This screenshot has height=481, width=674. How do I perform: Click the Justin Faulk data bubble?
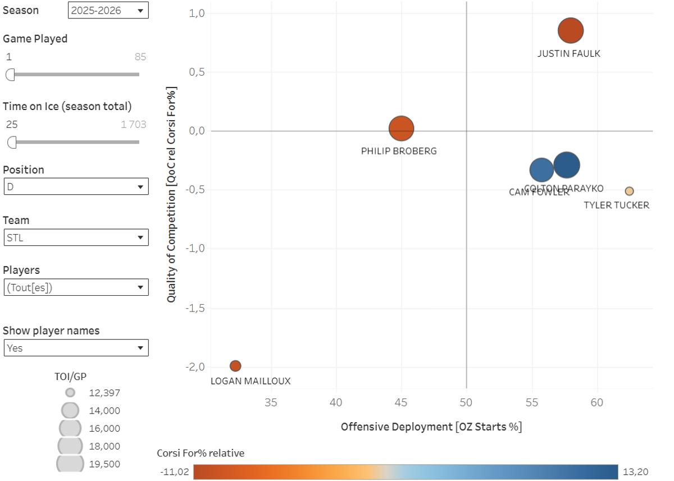[571, 30]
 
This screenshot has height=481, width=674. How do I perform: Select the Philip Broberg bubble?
[401, 128]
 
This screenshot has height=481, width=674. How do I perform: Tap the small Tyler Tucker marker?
[629, 191]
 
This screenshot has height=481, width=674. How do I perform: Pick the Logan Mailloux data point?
[235, 366]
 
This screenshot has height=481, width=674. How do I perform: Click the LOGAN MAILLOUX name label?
[251, 381]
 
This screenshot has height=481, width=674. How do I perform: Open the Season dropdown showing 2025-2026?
[108, 10]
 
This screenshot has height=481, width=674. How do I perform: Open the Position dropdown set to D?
[76, 187]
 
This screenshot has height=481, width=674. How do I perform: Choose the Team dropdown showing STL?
[76, 237]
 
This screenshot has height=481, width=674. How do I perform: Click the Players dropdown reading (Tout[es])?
[76, 288]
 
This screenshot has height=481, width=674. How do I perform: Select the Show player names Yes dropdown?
[76, 348]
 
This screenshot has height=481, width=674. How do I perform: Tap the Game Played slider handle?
[10, 75]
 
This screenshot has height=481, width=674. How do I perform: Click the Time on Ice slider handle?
[12, 143]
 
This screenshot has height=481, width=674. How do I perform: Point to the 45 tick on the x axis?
[401, 402]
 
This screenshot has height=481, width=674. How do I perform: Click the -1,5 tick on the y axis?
[195, 308]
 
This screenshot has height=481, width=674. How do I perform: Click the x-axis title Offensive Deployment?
[431, 427]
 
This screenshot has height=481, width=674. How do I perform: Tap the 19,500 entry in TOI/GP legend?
[104, 464]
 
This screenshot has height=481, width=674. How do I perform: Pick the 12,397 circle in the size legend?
[70, 393]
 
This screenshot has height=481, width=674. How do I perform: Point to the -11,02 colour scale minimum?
[174, 472]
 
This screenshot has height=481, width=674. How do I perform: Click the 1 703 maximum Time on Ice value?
[134, 125]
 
